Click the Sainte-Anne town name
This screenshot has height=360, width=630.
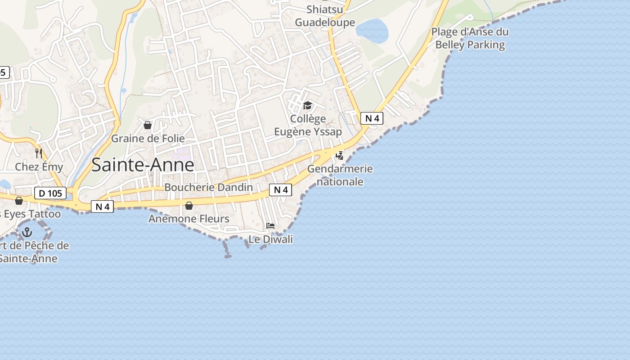point(143,165)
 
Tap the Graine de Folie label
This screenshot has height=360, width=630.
point(148,138)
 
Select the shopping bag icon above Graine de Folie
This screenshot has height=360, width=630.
point(147,125)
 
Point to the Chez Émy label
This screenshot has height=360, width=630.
point(39,167)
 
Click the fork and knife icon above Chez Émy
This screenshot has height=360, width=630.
point(38,153)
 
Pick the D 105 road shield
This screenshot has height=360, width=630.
point(50,193)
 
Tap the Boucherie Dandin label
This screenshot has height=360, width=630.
point(208,187)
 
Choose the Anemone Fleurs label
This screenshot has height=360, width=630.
point(189,219)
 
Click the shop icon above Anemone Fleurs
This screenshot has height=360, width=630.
point(189,206)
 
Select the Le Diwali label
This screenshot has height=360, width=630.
point(270,239)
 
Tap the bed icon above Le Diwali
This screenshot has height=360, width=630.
point(270,226)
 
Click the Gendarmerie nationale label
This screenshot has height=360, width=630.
point(340,175)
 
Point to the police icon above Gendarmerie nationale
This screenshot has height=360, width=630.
point(340,156)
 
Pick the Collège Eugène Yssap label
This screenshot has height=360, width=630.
point(308,125)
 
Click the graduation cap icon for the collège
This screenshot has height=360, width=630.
point(308,106)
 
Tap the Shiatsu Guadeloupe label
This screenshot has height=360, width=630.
point(325,16)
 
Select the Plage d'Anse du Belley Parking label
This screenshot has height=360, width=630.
point(470,38)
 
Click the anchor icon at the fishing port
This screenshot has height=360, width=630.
point(27,232)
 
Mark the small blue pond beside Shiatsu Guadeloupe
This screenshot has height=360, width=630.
point(372,31)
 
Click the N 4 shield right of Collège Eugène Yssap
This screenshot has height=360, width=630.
point(372,118)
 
